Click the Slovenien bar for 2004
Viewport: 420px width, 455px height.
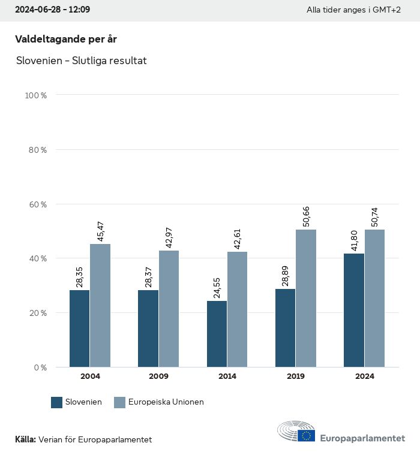(x=79, y=329)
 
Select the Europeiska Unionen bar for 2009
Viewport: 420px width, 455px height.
(x=169, y=309)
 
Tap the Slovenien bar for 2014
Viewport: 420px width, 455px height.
(x=217, y=334)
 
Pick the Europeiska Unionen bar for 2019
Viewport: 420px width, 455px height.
(x=306, y=298)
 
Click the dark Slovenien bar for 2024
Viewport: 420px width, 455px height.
(x=354, y=310)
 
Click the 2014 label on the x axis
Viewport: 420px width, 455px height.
(x=227, y=376)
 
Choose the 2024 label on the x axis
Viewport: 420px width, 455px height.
(x=364, y=376)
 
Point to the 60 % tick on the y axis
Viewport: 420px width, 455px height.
(x=37, y=204)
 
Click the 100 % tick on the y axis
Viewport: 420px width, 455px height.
(x=35, y=95)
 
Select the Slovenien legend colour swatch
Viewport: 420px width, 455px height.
(x=57, y=402)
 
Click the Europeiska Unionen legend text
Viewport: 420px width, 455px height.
(x=166, y=402)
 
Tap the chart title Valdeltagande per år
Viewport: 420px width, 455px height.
(x=66, y=39)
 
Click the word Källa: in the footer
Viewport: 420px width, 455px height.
(x=25, y=439)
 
